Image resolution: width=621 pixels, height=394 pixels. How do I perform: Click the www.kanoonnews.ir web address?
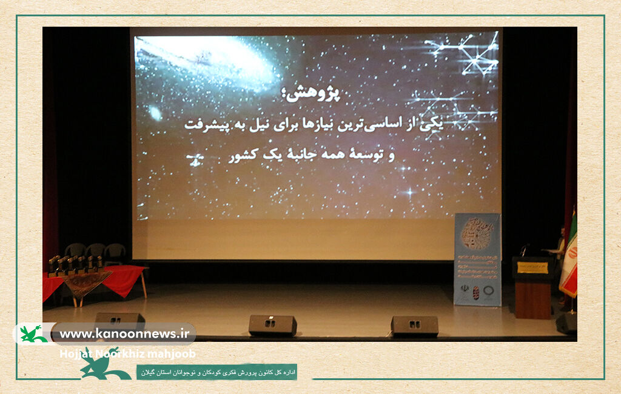coord(124,333)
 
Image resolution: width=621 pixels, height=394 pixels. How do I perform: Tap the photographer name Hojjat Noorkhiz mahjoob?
coord(127,354)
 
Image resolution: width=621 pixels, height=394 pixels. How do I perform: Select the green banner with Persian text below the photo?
coord(217,372)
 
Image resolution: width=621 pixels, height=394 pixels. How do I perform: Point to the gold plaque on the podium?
coord(532,267)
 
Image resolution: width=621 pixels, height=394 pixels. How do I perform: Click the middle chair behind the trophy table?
coord(95,251)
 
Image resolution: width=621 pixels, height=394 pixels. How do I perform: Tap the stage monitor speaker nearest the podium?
coord(414,326)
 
